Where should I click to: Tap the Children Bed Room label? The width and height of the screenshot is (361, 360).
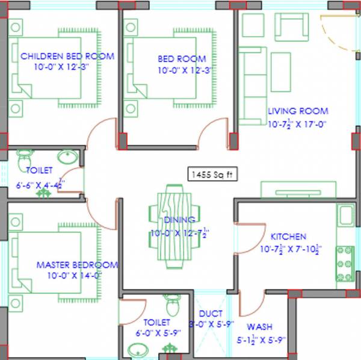tap(67, 57)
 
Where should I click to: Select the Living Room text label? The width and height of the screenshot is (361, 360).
tap(298, 111)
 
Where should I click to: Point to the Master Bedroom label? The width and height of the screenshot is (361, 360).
tap(77, 265)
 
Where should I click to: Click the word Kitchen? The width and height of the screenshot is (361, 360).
tap(288, 237)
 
